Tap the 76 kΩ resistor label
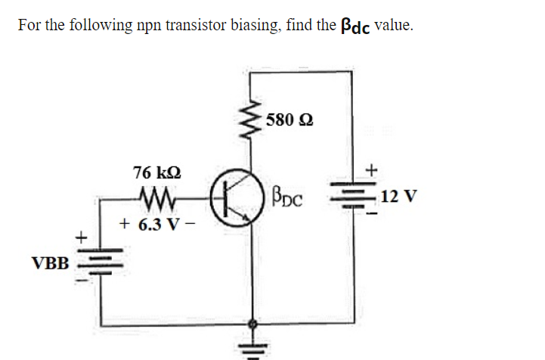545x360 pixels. pyautogui.click(x=157, y=172)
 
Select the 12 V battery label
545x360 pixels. pyautogui.click(x=398, y=197)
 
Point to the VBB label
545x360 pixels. pyautogui.click(x=50, y=263)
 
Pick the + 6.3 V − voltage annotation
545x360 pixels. pyautogui.click(x=156, y=225)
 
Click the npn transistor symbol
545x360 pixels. pyautogui.click(x=235, y=197)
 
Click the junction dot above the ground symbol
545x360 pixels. pyautogui.click(x=252, y=323)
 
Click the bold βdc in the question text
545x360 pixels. pyautogui.click(x=350, y=26)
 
